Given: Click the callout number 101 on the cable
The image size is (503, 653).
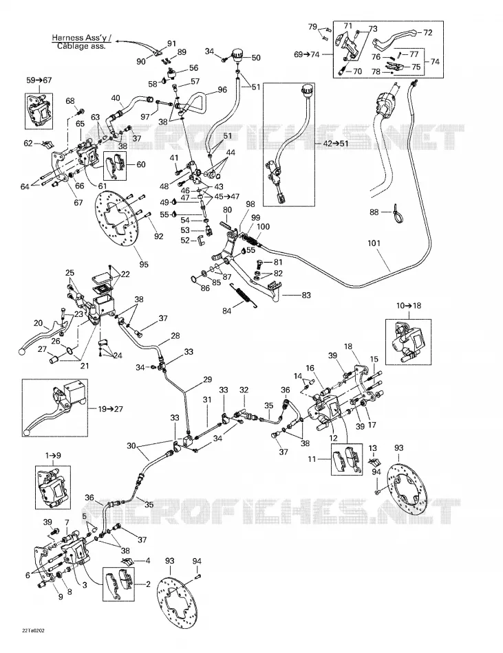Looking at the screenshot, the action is [374, 243].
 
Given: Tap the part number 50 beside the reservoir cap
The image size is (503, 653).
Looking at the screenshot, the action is [256, 58].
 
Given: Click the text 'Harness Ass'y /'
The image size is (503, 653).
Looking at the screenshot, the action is [81, 38].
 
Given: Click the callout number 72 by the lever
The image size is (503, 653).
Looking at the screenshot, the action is [428, 32].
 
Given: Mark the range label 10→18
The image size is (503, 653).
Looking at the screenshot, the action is [409, 306].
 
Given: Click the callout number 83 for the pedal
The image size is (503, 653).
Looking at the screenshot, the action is [306, 296].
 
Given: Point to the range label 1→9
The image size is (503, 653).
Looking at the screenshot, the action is [52, 455].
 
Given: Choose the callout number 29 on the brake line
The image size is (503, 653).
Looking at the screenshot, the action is [207, 379].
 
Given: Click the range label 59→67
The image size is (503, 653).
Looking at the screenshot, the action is [39, 80].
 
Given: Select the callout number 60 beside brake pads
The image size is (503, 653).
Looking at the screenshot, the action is [141, 164].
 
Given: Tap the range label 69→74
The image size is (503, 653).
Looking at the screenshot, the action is [307, 54].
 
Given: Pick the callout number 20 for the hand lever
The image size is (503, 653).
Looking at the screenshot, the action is [38, 323].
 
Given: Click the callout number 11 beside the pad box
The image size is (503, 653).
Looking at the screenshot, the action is [312, 459].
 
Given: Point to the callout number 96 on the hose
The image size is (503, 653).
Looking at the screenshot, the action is [222, 89].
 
